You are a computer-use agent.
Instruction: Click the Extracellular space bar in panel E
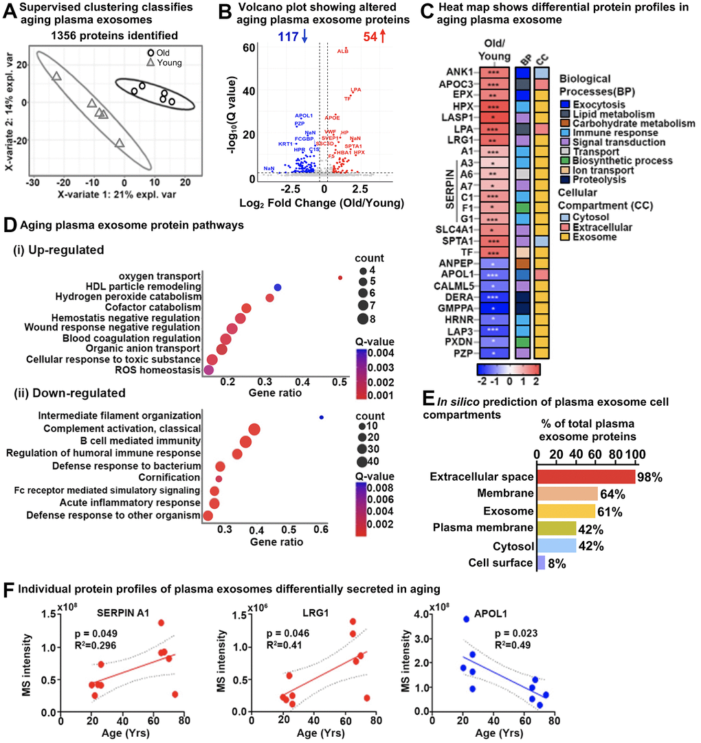coord(586,477)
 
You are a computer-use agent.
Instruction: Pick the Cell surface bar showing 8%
coord(541,563)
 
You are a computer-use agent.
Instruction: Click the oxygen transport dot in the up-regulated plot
coord(340,277)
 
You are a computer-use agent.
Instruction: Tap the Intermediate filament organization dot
coord(321,417)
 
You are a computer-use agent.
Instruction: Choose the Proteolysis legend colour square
coord(553,179)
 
